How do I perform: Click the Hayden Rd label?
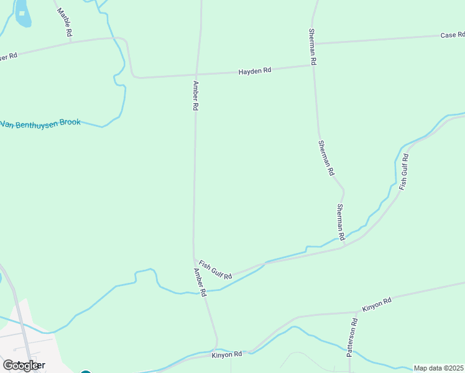click(x=255, y=71)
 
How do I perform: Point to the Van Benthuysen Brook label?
click(x=41, y=123)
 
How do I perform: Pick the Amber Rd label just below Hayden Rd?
click(x=195, y=96)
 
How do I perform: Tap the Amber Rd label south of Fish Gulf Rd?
click(x=199, y=282)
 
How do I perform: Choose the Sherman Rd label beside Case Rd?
click(x=313, y=47)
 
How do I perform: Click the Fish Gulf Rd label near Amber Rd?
click(x=215, y=270)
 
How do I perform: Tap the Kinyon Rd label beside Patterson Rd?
click(x=377, y=304)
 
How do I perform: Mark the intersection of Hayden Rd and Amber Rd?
click(x=197, y=75)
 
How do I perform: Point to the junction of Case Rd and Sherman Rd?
click(x=312, y=44)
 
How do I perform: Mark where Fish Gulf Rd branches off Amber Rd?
click(x=195, y=260)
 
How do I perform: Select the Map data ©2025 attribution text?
click(x=439, y=368)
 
